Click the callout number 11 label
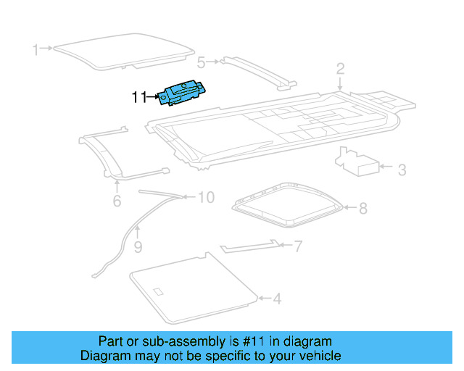pyautogui.click(x=139, y=97)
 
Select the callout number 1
pyautogui.click(x=35, y=49)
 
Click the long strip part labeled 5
pyautogui.click(x=257, y=72)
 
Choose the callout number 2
pyautogui.click(x=340, y=70)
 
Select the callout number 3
pyautogui.click(x=402, y=170)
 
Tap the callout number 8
pyautogui.click(x=363, y=209)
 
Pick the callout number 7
pyautogui.click(x=297, y=247)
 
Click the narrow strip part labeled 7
pyautogui.click(x=250, y=247)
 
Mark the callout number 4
pyautogui.click(x=277, y=298)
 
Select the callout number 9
pyautogui.click(x=138, y=249)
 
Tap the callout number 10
pyautogui.click(x=206, y=197)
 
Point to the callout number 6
pyautogui.click(x=117, y=201)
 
